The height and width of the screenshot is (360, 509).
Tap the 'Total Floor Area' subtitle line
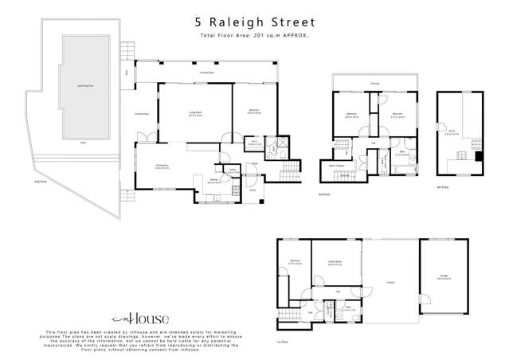point(254,37)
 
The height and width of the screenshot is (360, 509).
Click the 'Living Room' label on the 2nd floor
point(194,114)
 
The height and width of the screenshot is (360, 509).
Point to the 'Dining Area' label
point(160,166)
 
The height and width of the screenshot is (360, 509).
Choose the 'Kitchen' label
point(215,182)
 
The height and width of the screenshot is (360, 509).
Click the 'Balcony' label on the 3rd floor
point(373,82)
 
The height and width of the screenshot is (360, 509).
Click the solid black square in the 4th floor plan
point(476,156)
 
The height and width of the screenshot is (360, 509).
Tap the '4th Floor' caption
point(443,186)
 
